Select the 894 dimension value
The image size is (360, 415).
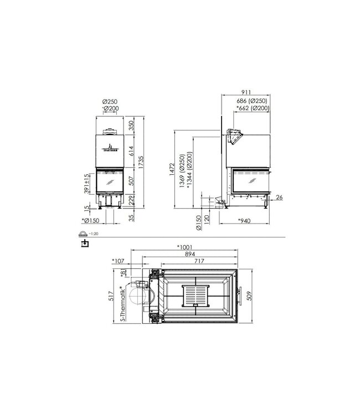point(189,255)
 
